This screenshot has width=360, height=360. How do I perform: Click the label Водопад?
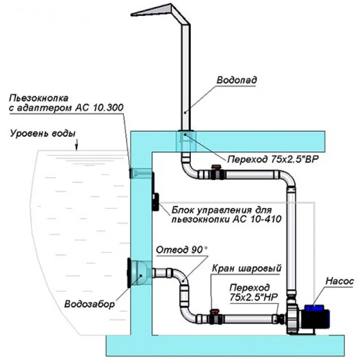coord(236,80)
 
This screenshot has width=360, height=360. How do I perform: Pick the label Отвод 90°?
coord(182,249)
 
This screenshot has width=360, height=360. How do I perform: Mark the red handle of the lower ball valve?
coord(215,311)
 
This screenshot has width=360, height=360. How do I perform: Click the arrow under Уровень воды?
coord(77,148)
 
